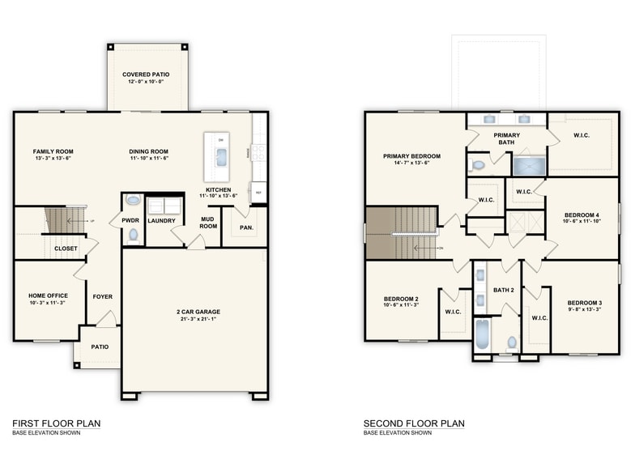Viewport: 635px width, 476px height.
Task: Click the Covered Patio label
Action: point(146,74)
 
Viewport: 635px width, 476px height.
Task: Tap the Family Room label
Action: point(53,151)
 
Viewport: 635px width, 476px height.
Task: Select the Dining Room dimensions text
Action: point(148,159)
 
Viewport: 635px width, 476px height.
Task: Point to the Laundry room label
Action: point(161,220)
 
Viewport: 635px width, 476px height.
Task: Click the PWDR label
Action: point(130,220)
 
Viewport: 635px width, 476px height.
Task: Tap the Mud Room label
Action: point(209,222)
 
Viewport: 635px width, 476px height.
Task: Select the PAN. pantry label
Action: point(247,227)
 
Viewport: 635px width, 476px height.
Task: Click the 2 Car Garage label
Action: point(198,312)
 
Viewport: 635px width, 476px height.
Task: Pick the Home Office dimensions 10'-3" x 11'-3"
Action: point(48,303)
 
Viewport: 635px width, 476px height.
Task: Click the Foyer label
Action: point(103,296)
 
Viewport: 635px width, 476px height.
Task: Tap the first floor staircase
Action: point(60,220)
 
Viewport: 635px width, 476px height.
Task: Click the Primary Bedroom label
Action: point(411,155)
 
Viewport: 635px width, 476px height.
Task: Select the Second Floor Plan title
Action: point(414,423)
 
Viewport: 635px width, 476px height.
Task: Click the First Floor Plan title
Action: point(56,423)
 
